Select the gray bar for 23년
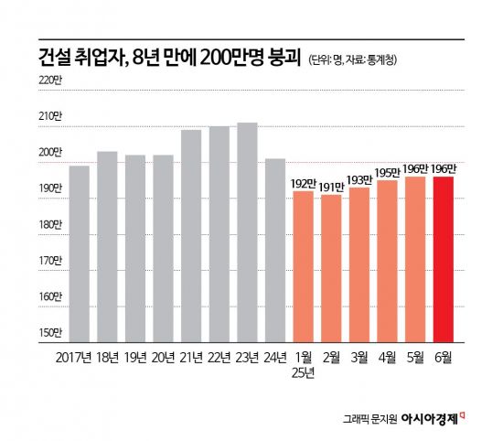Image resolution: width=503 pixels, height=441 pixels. click(x=247, y=232)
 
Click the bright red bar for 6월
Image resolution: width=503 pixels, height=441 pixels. click(x=443, y=259)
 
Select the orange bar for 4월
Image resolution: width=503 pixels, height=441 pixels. click(x=387, y=261)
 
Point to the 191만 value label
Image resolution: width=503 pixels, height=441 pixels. click(x=331, y=186)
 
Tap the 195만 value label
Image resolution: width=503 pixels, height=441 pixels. click(x=387, y=171)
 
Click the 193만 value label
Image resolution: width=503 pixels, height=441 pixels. click(x=359, y=178)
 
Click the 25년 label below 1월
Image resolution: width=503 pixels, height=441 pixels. click(x=303, y=373)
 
